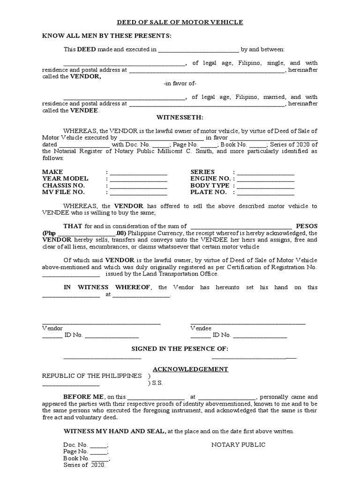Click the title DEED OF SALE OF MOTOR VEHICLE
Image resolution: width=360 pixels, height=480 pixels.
[x=180, y=22]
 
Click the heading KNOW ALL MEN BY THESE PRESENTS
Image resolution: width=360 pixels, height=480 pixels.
[x=106, y=36]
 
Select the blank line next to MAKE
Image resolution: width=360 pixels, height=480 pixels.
[x=138, y=172]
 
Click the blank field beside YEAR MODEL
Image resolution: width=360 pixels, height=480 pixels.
[x=138, y=179]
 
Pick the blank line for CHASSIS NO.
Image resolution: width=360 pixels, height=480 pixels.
[x=138, y=186]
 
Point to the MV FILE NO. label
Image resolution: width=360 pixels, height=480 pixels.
[x=63, y=192]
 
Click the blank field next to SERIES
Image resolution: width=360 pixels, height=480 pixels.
[x=266, y=172]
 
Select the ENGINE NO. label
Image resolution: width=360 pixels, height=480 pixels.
[x=210, y=179]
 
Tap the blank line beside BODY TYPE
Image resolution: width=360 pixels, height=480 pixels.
[x=266, y=186]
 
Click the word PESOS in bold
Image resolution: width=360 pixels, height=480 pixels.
[x=307, y=226]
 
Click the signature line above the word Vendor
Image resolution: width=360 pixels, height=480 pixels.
[x=101, y=323]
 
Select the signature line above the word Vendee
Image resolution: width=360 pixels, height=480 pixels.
[x=247, y=323]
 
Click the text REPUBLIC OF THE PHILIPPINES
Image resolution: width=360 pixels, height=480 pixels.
[x=91, y=376]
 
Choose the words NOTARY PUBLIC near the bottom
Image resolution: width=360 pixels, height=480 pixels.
[x=238, y=445]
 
